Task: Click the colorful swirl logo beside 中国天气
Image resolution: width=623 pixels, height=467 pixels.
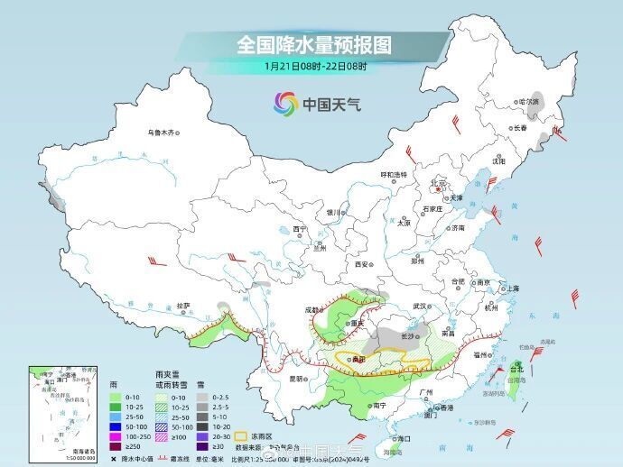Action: (x=285, y=104)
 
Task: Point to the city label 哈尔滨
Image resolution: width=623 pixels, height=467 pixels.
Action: (x=525, y=102)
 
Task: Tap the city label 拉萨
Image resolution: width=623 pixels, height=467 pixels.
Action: (x=183, y=306)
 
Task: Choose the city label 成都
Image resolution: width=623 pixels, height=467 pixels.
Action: (x=312, y=309)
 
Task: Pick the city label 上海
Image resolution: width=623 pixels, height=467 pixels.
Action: (x=513, y=288)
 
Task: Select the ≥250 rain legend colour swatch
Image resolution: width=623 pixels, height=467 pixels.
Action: (x=114, y=446)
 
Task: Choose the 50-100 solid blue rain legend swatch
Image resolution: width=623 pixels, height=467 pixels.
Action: (x=114, y=426)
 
